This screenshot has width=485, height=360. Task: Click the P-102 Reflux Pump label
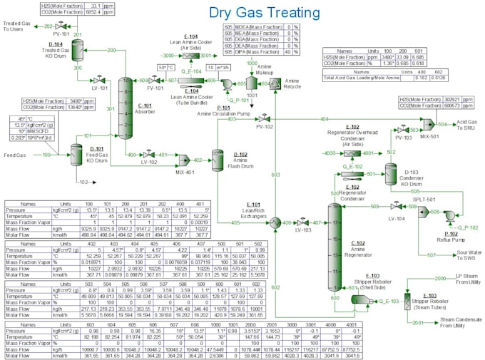click(x=450, y=236)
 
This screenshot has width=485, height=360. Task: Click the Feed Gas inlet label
click(x=15, y=154)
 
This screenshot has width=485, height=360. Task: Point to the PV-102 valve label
click(x=265, y=127)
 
